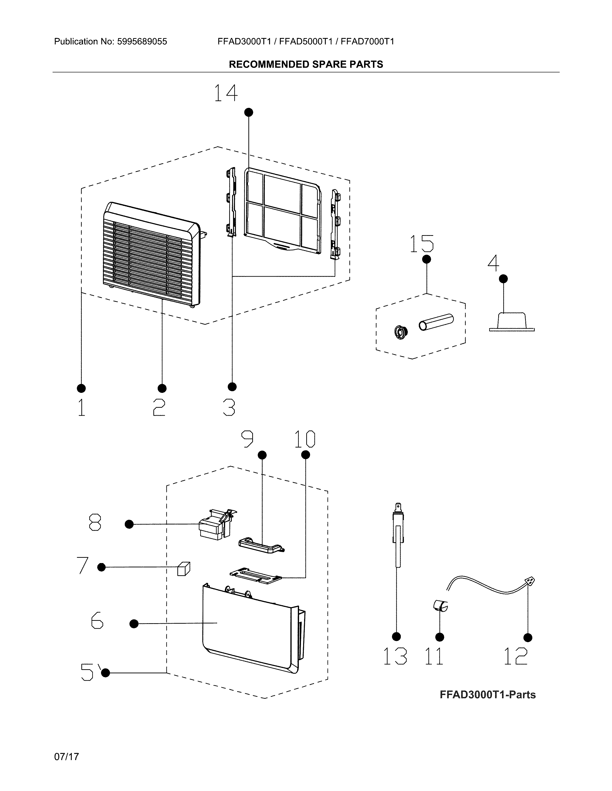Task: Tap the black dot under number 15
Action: (427, 259)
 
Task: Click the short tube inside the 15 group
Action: (436, 322)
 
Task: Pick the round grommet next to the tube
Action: (401, 332)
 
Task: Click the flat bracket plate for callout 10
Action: (256, 576)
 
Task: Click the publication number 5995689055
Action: (142, 42)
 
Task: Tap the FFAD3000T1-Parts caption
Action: (488, 695)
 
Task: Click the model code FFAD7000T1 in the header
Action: (367, 42)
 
